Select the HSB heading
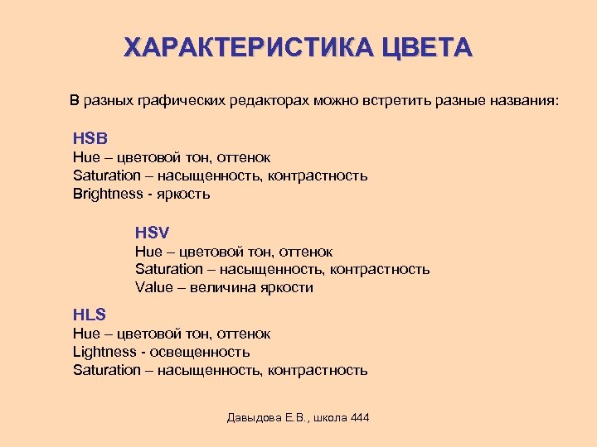90,137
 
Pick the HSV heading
153,233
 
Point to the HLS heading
90,315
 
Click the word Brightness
108,194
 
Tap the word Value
154,287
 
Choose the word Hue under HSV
148,251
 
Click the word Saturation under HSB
107,175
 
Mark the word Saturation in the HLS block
107,370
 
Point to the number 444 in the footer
360,417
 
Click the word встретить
391,100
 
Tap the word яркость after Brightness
183,194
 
